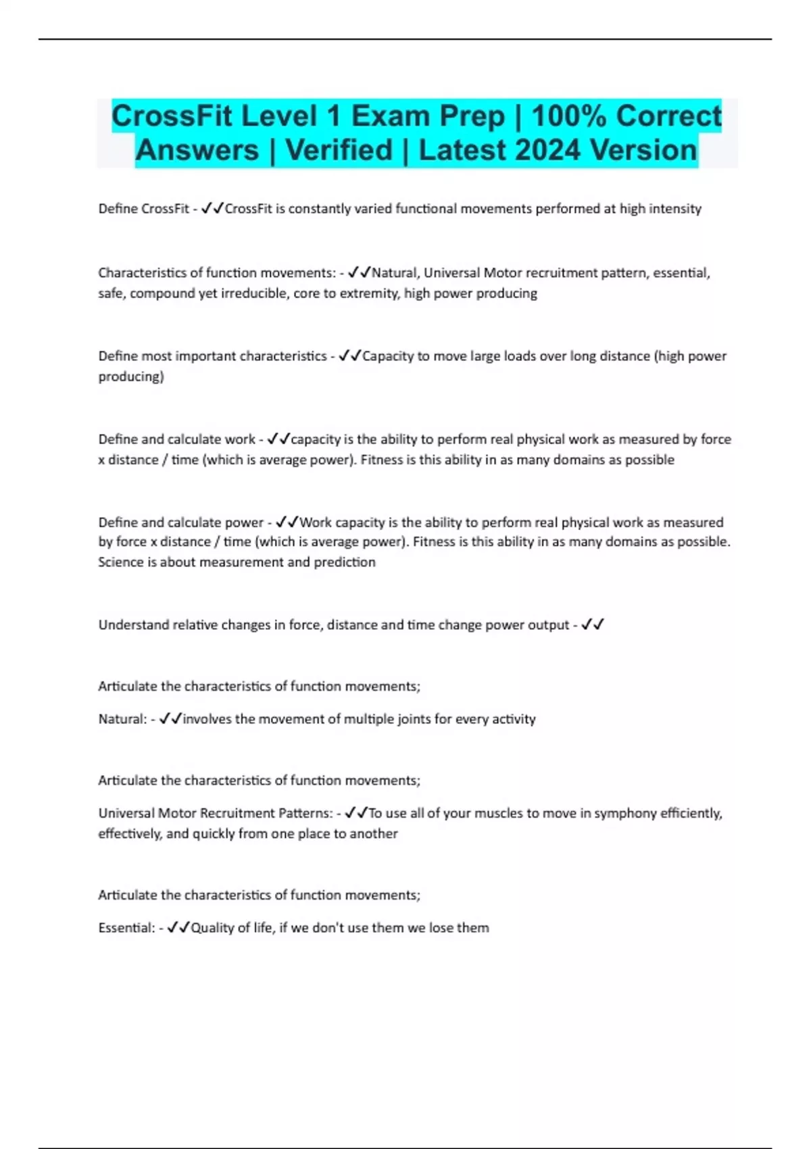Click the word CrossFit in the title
tap(172, 116)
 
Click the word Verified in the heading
tap(339, 150)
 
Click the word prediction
tap(344, 562)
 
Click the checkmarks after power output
tap(593, 625)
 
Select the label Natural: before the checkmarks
tap(122, 719)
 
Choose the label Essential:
tap(126, 928)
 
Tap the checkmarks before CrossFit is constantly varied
tap(213, 208)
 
